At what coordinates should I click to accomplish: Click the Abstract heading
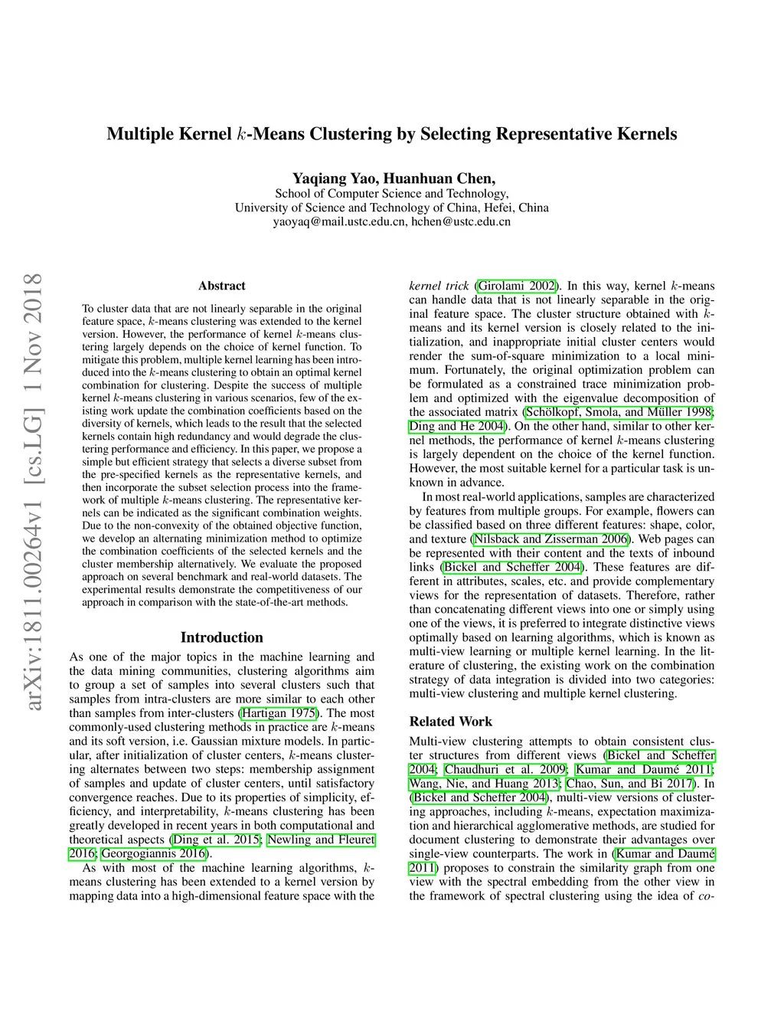222,286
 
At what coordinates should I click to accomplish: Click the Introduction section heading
221,637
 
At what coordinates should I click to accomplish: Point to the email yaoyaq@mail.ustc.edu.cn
339,222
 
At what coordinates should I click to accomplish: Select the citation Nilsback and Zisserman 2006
550,539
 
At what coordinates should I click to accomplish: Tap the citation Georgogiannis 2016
153,853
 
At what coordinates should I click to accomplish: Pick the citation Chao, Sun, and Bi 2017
629,783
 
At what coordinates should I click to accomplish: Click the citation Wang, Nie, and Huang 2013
485,783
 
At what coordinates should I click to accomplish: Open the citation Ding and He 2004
457,426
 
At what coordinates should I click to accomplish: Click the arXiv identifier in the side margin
33,490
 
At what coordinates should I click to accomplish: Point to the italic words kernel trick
439,286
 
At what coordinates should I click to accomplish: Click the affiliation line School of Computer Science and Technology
391,194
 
